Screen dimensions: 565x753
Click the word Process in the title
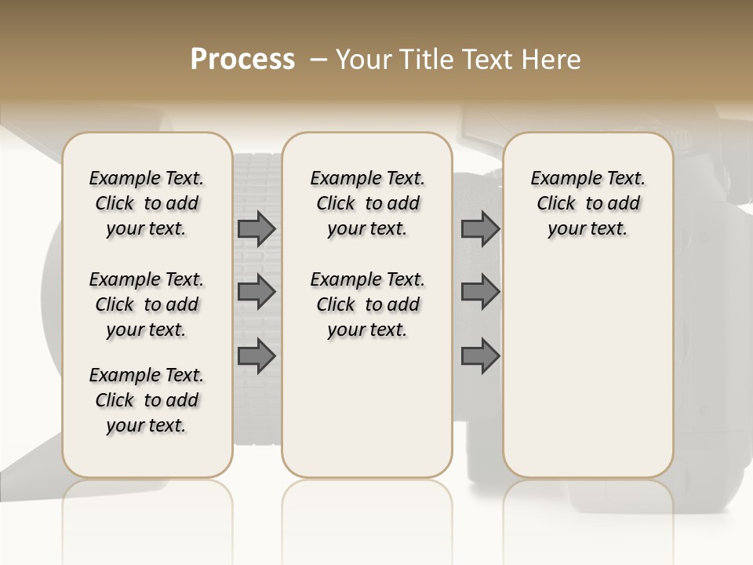click(242, 60)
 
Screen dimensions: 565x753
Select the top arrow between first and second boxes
click(256, 229)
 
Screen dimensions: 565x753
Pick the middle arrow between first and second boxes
click(256, 292)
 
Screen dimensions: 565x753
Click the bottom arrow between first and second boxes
click(256, 355)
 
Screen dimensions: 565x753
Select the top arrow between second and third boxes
click(480, 229)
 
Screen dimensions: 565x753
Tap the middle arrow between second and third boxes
click(480, 292)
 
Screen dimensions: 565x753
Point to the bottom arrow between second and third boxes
click(480, 355)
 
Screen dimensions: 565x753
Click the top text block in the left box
click(147, 203)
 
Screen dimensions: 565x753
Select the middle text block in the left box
click(147, 304)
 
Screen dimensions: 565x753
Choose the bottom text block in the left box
click(147, 400)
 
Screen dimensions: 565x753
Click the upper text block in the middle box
click(367, 203)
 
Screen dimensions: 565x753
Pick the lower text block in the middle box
click(367, 304)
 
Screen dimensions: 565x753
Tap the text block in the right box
click(587, 203)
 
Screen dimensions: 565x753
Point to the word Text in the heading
click(486, 60)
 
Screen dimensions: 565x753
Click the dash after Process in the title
click(318, 60)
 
